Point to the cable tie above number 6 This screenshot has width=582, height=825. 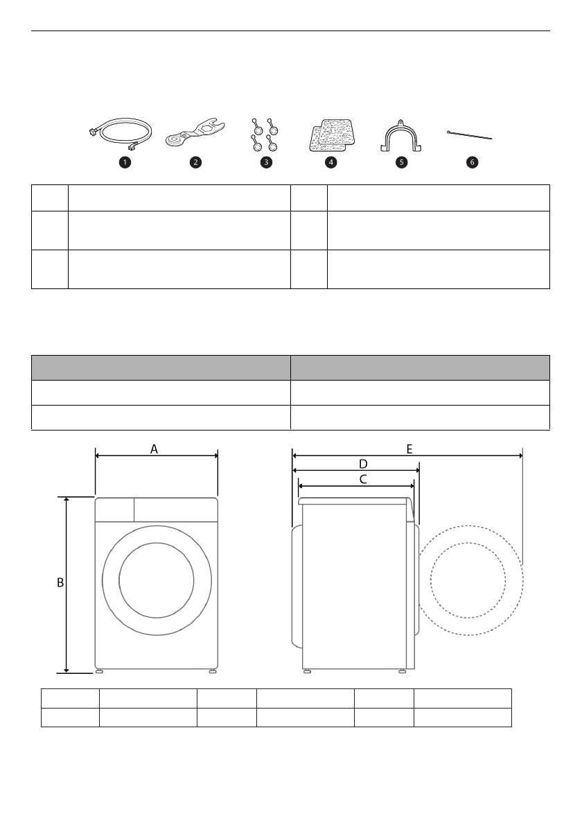click(x=470, y=134)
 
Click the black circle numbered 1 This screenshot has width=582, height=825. click(x=125, y=162)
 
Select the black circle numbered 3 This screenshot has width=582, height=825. click(x=264, y=162)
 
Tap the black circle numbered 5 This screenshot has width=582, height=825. click(x=401, y=162)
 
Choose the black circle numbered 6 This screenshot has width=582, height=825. click(x=472, y=162)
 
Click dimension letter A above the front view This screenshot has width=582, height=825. click(x=155, y=449)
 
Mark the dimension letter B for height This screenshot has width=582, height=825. click(x=60, y=584)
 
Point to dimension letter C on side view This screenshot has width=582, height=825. click(x=363, y=478)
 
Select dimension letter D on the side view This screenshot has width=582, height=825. click(x=363, y=463)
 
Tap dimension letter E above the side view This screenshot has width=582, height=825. click(x=409, y=449)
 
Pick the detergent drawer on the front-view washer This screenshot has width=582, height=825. click(x=114, y=510)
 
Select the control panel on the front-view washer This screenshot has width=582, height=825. click(x=176, y=510)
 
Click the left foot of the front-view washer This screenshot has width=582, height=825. click(x=100, y=671)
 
